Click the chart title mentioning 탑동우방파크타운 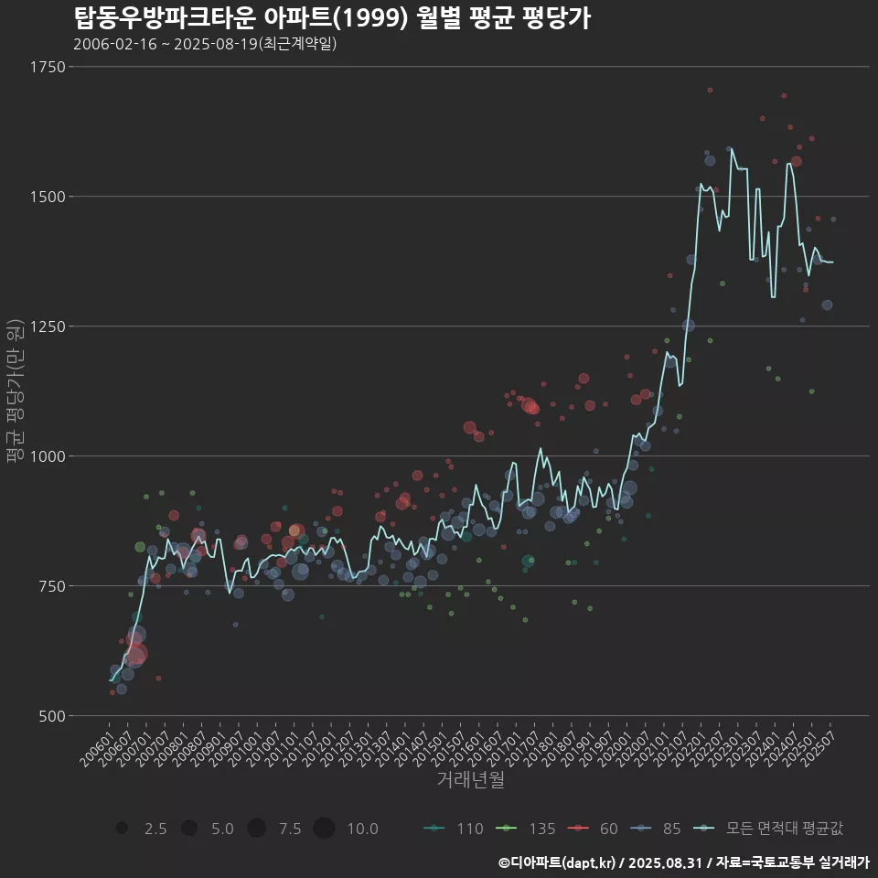(x=331, y=17)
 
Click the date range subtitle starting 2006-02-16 (x=205, y=44)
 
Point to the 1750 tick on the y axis (x=47, y=67)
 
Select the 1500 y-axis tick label (x=47, y=197)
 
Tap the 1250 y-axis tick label (x=47, y=327)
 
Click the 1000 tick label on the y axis (x=47, y=456)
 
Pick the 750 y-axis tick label (x=50, y=586)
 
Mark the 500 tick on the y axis (x=50, y=716)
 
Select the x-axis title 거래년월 (x=470, y=780)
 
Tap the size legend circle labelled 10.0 (x=324, y=829)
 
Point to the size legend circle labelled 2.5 (x=122, y=829)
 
